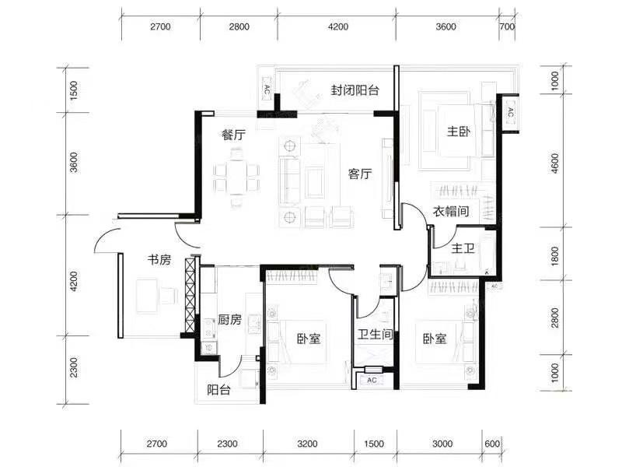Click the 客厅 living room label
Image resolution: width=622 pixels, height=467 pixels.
point(360,174)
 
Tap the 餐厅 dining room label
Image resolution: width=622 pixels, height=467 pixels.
point(234,135)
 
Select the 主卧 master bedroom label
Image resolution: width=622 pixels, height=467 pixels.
point(459,132)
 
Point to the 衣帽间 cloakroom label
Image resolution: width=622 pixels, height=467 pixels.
point(451,211)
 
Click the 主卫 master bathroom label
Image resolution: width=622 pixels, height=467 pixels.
point(463,249)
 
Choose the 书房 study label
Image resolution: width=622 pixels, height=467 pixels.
point(159,260)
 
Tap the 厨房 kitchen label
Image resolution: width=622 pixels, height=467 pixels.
point(229,320)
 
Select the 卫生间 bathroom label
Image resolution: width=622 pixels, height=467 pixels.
point(375,335)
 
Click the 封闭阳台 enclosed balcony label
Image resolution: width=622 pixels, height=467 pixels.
point(355,90)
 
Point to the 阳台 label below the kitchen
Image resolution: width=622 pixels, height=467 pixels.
point(218,390)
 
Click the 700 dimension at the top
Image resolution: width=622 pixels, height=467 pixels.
point(508,26)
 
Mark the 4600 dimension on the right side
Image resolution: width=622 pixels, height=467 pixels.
point(555,163)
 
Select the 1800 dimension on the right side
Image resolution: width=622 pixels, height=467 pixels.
point(555,256)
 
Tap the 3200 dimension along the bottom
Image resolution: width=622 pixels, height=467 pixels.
point(307,444)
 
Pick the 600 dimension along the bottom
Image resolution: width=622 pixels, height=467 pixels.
point(492,444)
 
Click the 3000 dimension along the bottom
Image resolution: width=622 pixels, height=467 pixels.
point(442,444)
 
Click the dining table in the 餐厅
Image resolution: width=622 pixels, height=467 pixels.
point(236,177)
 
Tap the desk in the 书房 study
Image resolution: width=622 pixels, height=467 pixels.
point(147,297)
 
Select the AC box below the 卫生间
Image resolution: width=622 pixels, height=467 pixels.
point(372,380)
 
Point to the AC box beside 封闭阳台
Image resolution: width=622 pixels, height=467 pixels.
point(267,89)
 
